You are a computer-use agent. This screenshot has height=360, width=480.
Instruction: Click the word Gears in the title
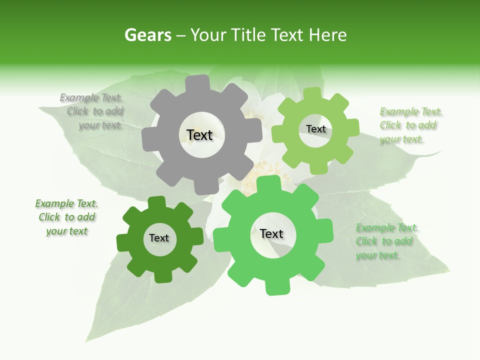pyautogui.click(x=147, y=35)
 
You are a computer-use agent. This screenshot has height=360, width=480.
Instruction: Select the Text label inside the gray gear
pyautogui.click(x=199, y=135)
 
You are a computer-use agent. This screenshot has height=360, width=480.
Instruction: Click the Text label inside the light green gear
pyautogui.click(x=315, y=129)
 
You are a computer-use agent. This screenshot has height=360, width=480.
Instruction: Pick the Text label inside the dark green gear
pyautogui.click(x=159, y=238)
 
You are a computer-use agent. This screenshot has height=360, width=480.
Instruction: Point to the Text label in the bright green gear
pyautogui.click(x=271, y=234)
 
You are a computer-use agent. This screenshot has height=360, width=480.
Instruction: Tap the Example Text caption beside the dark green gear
pyautogui.click(x=66, y=217)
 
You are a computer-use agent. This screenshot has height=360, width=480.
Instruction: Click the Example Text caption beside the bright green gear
pyautogui.click(x=386, y=241)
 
